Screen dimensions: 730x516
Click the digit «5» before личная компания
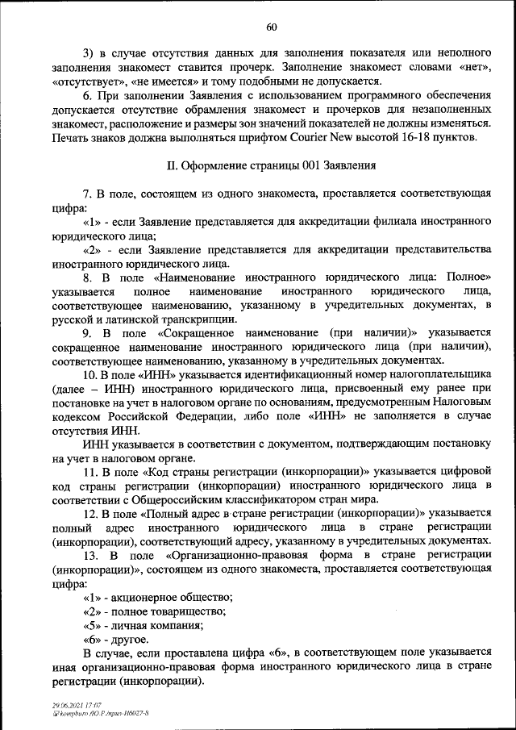pos(91,625)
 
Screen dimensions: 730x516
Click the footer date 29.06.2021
pos(62,705)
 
